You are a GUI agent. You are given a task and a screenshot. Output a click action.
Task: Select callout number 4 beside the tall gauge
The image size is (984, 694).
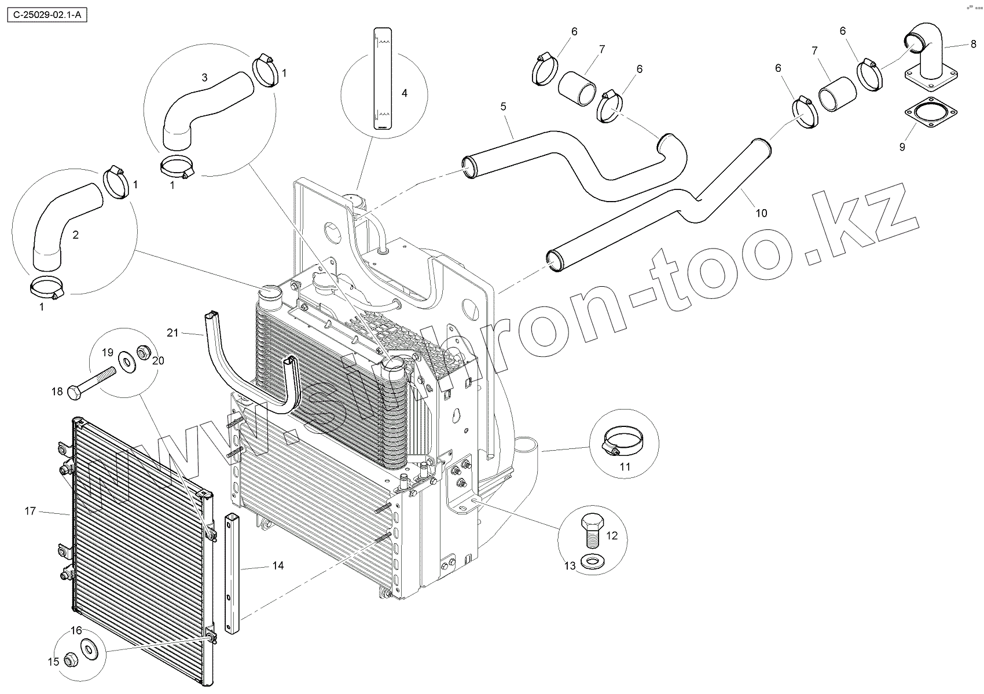pos(404,93)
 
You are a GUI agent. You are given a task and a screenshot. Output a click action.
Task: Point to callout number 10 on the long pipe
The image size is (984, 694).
pos(761,213)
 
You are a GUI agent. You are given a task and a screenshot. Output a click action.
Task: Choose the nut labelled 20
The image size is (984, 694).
pos(143,351)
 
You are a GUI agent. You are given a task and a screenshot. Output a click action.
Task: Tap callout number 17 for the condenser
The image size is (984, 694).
pos(30,511)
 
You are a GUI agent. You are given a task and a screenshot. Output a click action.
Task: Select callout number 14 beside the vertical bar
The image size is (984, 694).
pos(278,565)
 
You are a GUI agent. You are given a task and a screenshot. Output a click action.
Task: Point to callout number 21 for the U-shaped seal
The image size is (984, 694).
pos(172,333)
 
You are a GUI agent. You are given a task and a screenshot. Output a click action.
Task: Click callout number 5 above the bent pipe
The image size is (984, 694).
pos(503,107)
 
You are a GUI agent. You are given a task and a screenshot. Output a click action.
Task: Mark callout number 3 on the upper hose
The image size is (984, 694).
pos(204,78)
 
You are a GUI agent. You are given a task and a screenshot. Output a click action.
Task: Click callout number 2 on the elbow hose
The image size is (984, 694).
pos(75,235)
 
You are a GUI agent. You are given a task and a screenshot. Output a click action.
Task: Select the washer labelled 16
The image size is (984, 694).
pos(89,649)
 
